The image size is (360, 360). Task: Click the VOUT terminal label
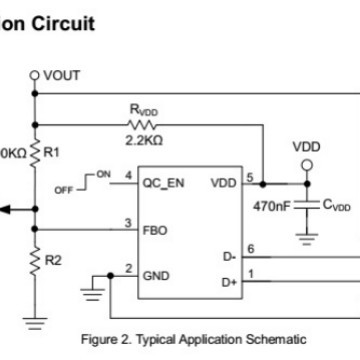(63, 75)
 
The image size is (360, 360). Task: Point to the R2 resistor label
(54, 259)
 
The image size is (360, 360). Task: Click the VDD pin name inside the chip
(224, 183)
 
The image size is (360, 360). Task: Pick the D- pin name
(229, 256)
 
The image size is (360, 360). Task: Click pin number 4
(128, 176)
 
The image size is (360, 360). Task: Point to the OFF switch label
(92, 187)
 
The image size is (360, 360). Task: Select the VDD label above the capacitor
(307, 147)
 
